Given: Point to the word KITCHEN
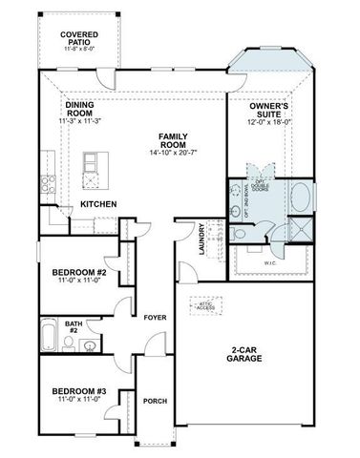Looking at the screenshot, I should tap(98, 204).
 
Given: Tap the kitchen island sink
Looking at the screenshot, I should tap(93, 166).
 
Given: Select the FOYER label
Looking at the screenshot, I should tap(155, 317).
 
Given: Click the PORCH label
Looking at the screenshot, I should tap(155, 401).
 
